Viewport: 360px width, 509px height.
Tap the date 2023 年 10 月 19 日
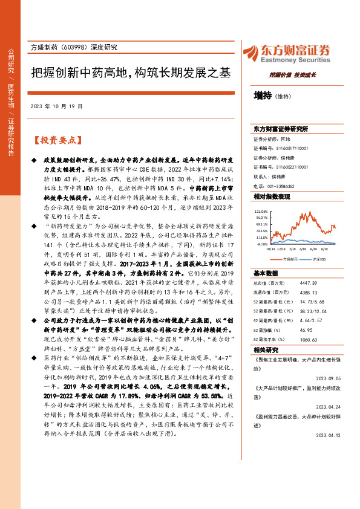click(x=56, y=106)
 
